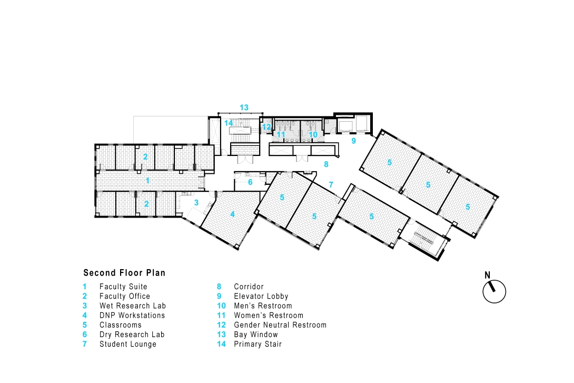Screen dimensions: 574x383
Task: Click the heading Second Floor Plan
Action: click(x=124, y=273)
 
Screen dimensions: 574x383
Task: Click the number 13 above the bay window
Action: click(x=244, y=107)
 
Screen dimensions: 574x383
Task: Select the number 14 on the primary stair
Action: click(x=229, y=123)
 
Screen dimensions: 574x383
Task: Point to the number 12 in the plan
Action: click(x=266, y=127)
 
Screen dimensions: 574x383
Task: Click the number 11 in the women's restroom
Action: click(x=281, y=135)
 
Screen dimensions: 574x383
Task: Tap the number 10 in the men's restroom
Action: click(x=313, y=135)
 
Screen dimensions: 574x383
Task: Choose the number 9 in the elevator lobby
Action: click(x=354, y=141)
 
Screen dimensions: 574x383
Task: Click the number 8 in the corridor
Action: click(x=326, y=164)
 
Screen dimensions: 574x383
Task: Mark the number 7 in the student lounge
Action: click(x=331, y=184)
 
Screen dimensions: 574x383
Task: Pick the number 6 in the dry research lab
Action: click(x=250, y=182)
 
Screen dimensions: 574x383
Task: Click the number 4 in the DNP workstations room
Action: click(x=232, y=214)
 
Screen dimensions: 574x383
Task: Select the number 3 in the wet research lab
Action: click(x=196, y=202)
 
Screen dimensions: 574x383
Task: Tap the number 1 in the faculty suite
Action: click(x=147, y=181)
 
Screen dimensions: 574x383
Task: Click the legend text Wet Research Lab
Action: click(x=133, y=306)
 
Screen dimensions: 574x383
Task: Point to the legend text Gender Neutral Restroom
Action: click(x=280, y=325)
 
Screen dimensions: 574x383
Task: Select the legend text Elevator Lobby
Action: click(x=261, y=296)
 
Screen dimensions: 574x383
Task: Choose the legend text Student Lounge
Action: click(x=128, y=344)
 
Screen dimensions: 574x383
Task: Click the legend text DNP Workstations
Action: click(x=132, y=315)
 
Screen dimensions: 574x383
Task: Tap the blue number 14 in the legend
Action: click(x=222, y=344)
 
